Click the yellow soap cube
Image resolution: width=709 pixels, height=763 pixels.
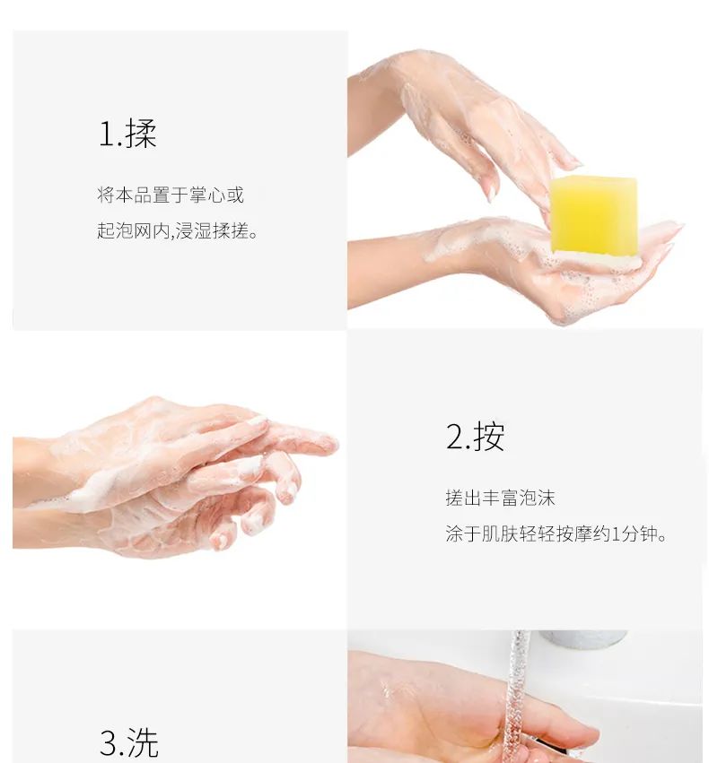tap(593, 214)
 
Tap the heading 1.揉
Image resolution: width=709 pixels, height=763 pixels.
tap(127, 134)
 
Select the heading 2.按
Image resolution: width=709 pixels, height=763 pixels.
tap(475, 437)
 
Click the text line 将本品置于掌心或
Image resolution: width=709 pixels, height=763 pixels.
tap(171, 195)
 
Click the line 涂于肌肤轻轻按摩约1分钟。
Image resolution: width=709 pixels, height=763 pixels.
tap(556, 534)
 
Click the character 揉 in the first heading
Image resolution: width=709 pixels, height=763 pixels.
tap(141, 134)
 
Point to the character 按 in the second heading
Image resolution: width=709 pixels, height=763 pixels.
tap(489, 437)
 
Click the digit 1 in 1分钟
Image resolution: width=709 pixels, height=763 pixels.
tap(617, 535)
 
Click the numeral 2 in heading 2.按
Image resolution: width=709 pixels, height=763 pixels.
tap(454, 438)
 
